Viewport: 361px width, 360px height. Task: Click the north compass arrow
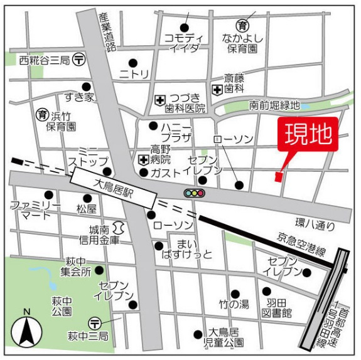point(27,329)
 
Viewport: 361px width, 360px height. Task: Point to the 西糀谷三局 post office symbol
point(79,60)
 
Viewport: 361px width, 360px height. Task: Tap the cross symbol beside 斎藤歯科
point(217,89)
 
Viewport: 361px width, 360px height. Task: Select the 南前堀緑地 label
point(274,105)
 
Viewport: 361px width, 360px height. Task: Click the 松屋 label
point(87,208)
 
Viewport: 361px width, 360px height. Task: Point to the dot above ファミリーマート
point(48,194)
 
